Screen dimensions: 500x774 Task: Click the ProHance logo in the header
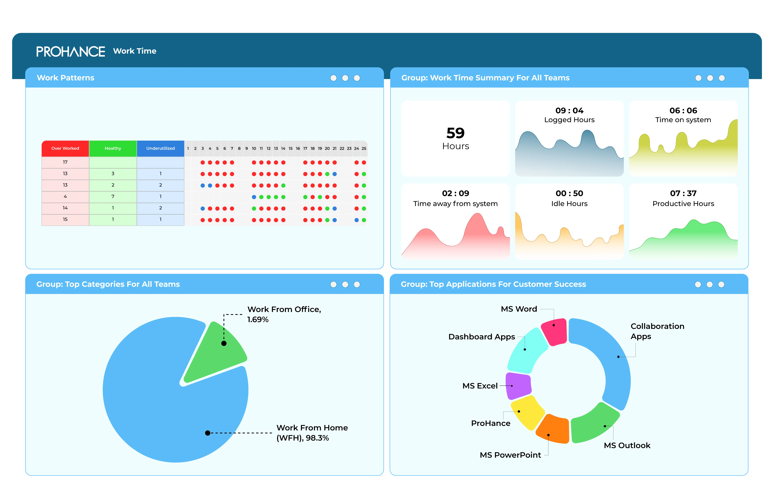pyautogui.click(x=71, y=51)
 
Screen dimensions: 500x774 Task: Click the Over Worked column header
pyautogui.click(x=65, y=148)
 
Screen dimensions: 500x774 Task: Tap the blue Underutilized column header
pyautogui.click(x=160, y=148)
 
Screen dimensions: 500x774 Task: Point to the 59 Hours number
pyautogui.click(x=456, y=133)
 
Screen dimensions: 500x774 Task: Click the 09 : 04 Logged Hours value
pyautogui.click(x=569, y=111)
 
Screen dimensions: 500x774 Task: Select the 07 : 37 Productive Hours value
pyautogui.click(x=683, y=193)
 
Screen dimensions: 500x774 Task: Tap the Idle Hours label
pyautogui.click(x=569, y=204)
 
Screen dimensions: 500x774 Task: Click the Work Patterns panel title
pyautogui.click(x=66, y=78)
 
